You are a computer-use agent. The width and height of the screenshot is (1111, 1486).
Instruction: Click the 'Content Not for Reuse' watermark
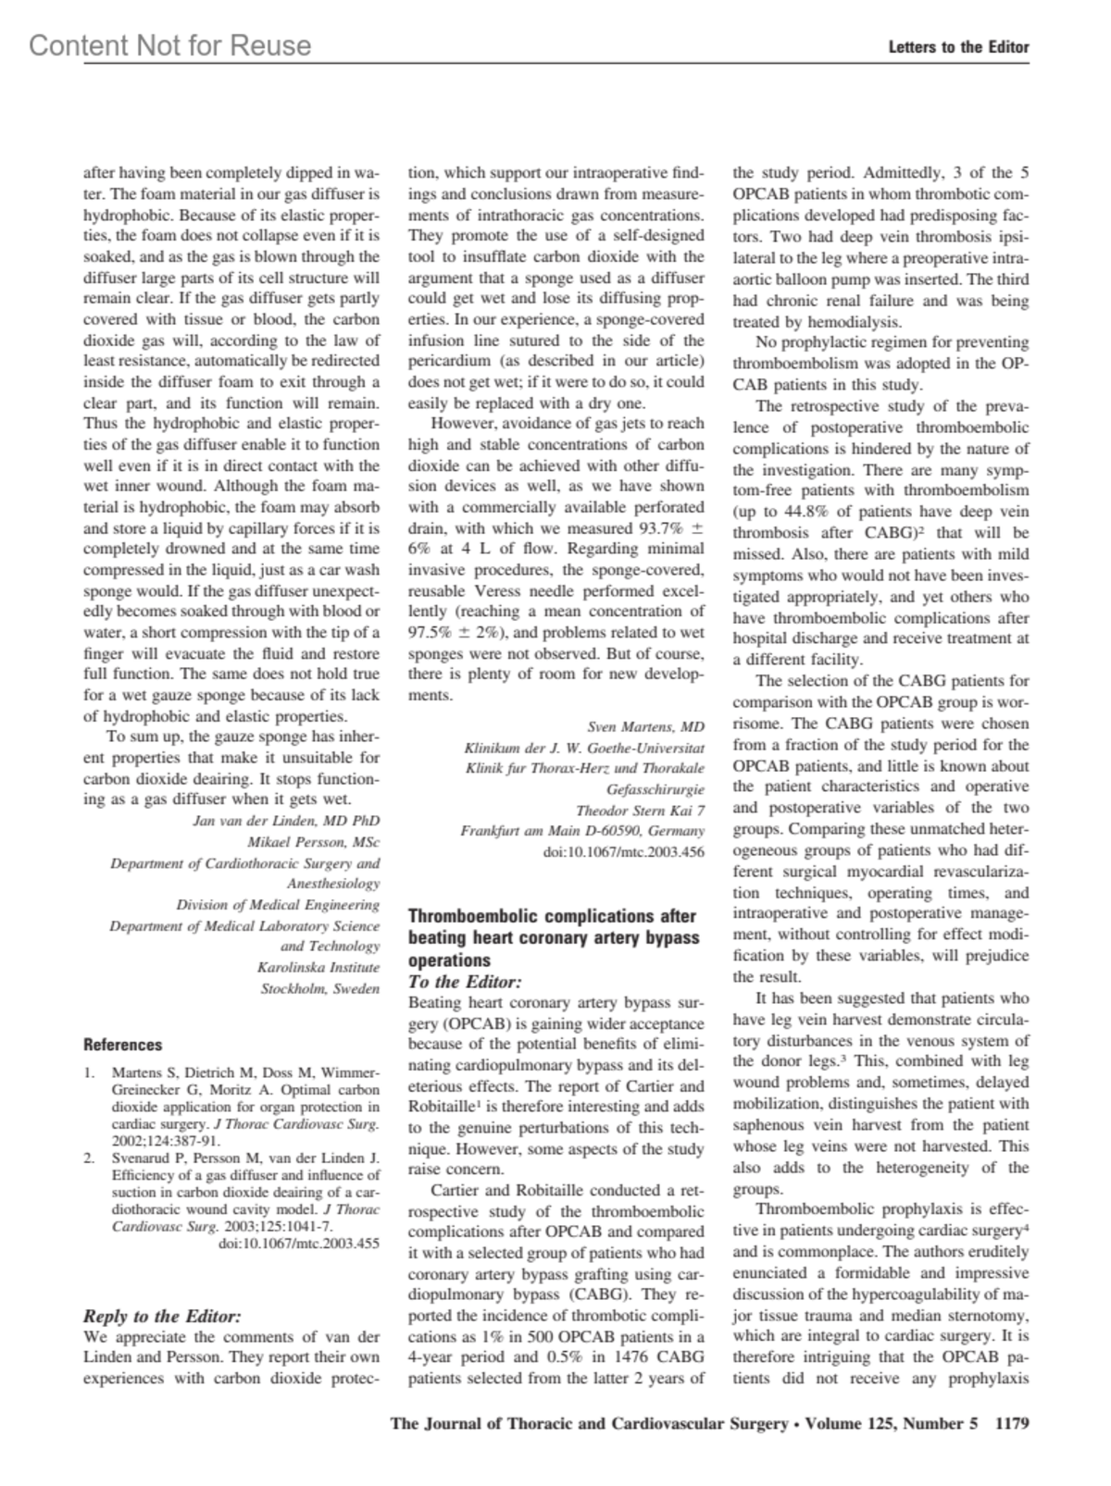(170, 45)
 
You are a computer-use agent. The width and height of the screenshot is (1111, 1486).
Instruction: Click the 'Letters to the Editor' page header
(958, 47)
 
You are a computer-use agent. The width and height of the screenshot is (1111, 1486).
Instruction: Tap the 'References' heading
(122, 1045)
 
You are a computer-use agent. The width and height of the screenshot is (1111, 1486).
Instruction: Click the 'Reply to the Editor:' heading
(162, 1316)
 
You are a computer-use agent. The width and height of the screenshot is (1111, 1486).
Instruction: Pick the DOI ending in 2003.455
(298, 1244)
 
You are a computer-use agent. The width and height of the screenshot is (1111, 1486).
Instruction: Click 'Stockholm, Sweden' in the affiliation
(319, 988)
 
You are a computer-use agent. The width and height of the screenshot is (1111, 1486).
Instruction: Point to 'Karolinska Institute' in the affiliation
(318, 967)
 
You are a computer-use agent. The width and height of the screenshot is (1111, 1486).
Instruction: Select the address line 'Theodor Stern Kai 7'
(640, 810)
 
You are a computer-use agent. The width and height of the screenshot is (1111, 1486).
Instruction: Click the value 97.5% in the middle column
(432, 632)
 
